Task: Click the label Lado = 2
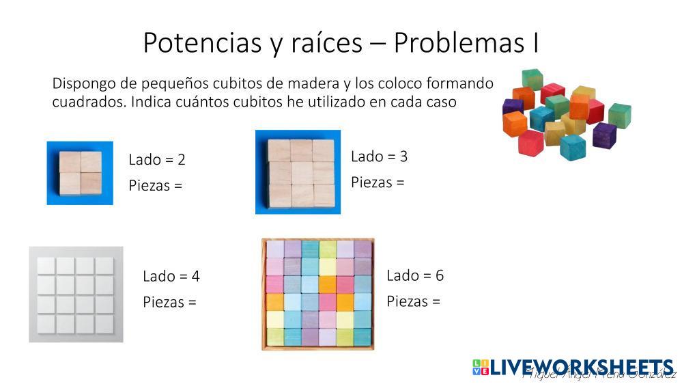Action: pos(157,160)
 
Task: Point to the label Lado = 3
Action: pos(379,156)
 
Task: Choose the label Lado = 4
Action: pos(171,277)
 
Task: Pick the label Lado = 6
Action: pos(415,275)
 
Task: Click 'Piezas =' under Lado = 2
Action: pos(156,185)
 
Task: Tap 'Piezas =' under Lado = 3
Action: pos(378,182)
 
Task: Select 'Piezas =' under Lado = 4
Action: pos(169,302)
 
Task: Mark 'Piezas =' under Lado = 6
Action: pos(413,301)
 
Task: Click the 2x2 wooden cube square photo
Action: pos(80,173)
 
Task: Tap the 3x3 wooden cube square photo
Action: pos(298,172)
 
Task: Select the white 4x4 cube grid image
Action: pos(76,294)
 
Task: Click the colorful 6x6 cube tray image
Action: pos(318,294)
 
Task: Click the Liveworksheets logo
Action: pos(573,368)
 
